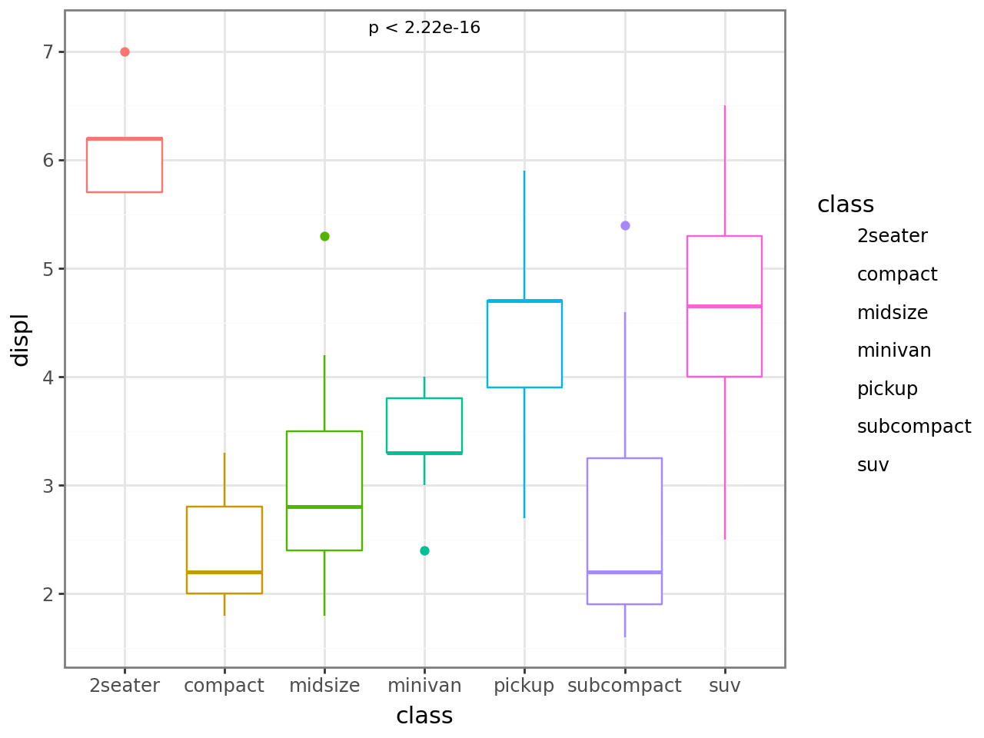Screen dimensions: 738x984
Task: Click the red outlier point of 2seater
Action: (125, 52)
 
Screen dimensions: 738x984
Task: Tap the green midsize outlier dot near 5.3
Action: (324, 236)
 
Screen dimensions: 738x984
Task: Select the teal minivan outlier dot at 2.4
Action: (424, 550)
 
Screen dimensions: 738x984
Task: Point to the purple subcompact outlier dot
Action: (625, 225)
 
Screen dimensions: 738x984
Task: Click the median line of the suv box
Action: (724, 306)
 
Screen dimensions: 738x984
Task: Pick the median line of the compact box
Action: (224, 572)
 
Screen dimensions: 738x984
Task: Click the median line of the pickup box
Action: (524, 301)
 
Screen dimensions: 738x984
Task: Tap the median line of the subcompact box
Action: (624, 572)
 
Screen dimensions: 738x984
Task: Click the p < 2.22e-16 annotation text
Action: (424, 28)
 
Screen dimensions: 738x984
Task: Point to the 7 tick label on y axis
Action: (48, 52)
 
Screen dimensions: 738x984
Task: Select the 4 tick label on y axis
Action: (48, 377)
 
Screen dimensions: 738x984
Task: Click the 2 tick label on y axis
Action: (48, 594)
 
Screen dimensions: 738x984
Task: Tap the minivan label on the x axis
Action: (424, 686)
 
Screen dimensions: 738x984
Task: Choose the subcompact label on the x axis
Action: (624, 686)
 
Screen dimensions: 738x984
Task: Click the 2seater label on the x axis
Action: (125, 686)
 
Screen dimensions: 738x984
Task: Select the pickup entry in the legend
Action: (887, 389)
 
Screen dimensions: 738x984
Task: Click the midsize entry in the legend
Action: (893, 313)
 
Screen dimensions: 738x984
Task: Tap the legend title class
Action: (846, 204)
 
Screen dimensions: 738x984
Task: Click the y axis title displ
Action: (20, 339)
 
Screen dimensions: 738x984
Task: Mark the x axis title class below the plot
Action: (424, 716)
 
